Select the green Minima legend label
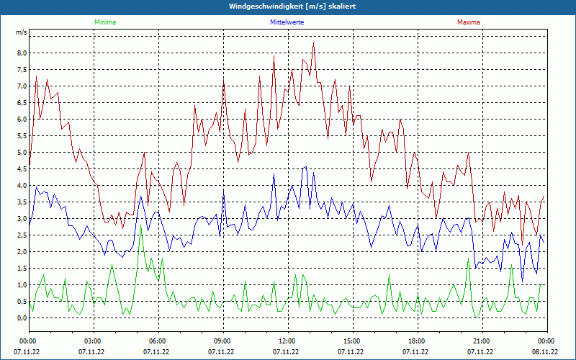click(x=104, y=22)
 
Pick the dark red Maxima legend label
click(x=469, y=22)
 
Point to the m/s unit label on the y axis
click(x=22, y=32)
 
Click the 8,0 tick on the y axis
click(x=22, y=53)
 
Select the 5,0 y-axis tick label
click(x=22, y=153)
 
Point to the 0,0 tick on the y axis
click(x=22, y=318)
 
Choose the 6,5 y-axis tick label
click(x=22, y=103)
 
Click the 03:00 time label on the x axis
click(x=92, y=341)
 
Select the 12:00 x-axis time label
click(x=287, y=341)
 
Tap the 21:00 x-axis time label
click(x=481, y=341)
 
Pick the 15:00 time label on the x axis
click(x=351, y=341)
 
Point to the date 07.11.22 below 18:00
click(x=416, y=352)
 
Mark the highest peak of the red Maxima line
click(x=313, y=43)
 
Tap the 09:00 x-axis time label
click(x=222, y=341)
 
